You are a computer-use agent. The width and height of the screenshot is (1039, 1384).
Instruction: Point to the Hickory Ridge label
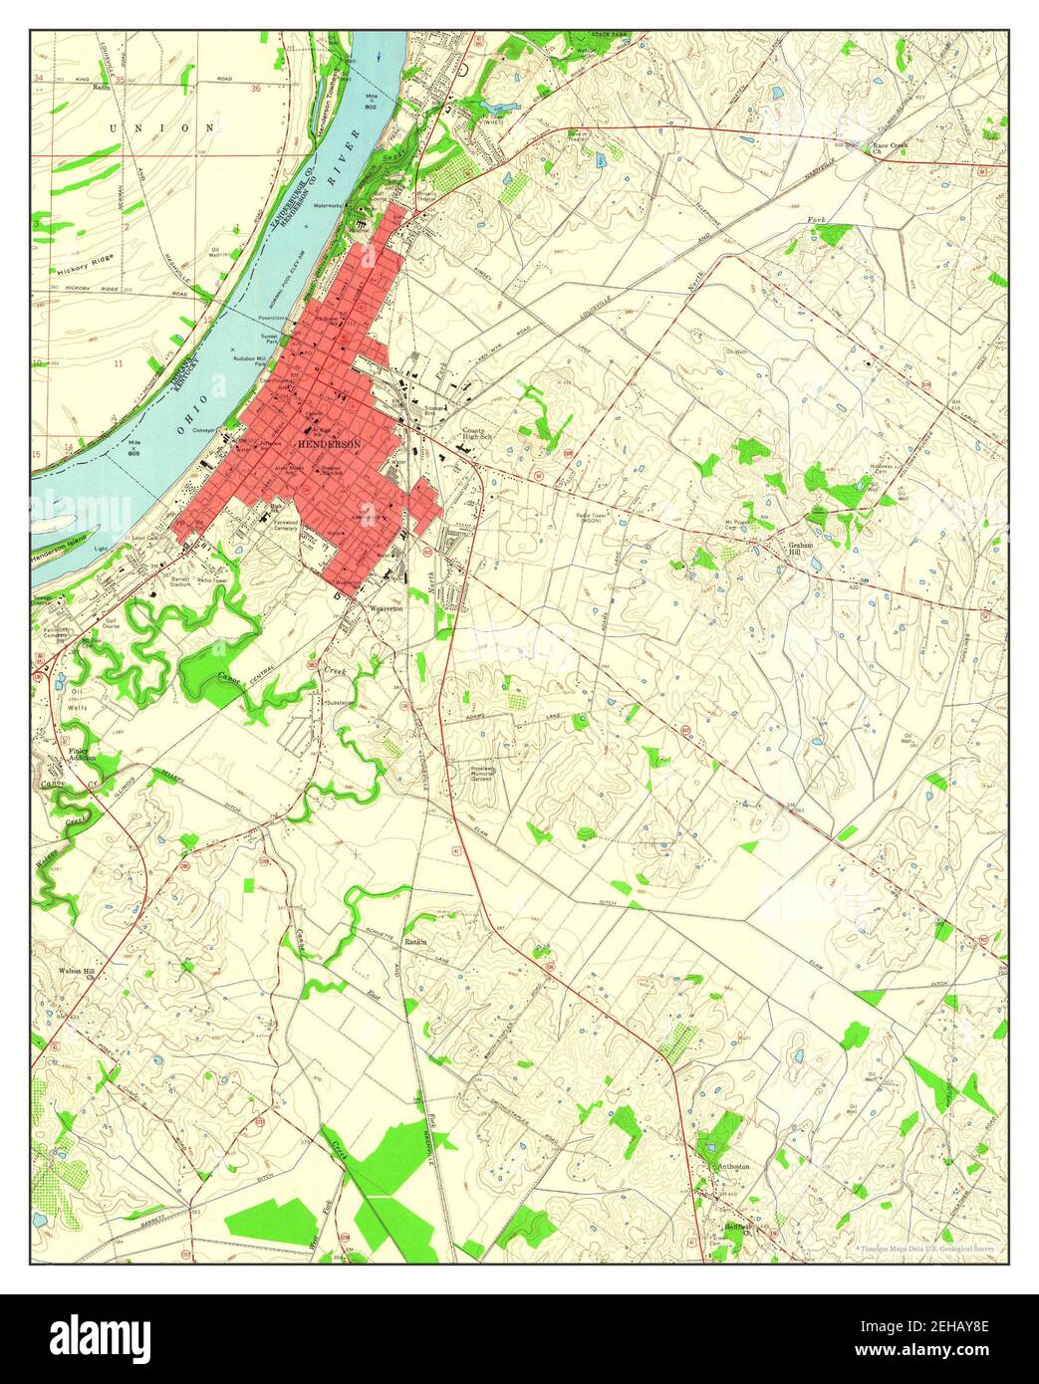point(85,269)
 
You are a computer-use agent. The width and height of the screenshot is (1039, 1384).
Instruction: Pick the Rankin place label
point(415,941)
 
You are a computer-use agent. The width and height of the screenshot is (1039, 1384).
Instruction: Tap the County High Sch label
point(479,435)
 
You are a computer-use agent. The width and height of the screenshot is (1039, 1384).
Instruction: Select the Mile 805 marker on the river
point(133,449)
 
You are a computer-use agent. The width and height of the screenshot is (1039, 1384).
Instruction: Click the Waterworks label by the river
point(329,206)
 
